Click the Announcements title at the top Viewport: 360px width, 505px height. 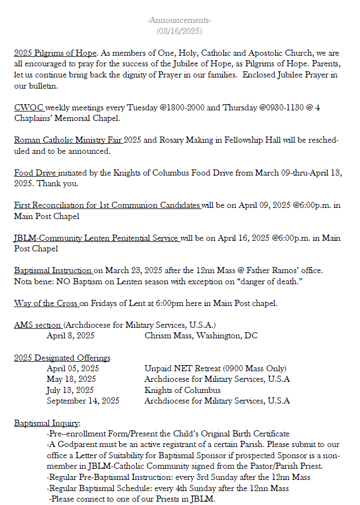click(179, 21)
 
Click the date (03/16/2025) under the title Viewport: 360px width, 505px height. click(179, 31)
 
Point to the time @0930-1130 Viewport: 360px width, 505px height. click(281, 107)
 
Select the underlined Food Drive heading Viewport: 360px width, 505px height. click(35, 172)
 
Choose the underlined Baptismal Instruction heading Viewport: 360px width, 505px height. click(53, 270)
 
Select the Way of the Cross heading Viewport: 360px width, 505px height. click(46, 303)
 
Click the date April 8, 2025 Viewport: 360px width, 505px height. click(70, 336)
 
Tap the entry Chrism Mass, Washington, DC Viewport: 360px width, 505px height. click(201, 336)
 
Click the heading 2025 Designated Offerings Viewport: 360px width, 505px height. click(62, 357)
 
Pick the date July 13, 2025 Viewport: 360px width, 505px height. click(70, 390)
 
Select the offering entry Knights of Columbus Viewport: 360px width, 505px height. click(182, 390)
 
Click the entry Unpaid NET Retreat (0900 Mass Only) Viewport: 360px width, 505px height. click(215, 368)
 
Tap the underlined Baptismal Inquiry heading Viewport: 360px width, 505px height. click(47, 423)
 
